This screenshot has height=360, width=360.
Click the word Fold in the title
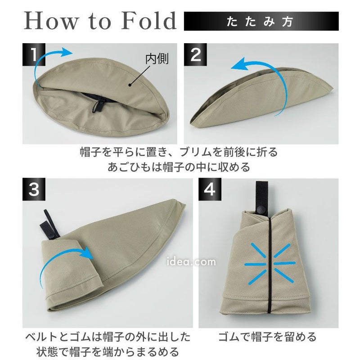point(149,21)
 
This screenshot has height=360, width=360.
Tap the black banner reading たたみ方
point(261,21)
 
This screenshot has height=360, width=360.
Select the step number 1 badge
point(34,54)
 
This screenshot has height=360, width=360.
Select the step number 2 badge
point(195,54)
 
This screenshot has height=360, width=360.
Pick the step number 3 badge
point(34,189)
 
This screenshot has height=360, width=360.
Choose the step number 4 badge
point(210,189)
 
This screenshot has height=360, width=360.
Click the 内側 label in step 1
point(157,59)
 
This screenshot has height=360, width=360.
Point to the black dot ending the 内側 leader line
point(130,85)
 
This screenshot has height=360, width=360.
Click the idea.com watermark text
point(191,262)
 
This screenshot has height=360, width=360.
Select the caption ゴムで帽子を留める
point(267,337)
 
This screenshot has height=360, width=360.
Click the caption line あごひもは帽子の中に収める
point(179,167)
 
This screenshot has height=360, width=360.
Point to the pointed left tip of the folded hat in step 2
point(192,125)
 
